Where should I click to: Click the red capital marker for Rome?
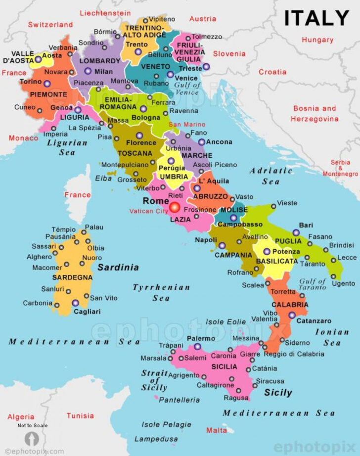175,207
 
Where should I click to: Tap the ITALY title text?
316,18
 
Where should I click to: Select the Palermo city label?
201,338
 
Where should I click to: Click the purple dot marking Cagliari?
75,303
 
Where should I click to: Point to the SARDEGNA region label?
72,277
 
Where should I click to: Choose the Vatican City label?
149,211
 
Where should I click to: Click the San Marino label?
187,124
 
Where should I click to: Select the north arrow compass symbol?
31,439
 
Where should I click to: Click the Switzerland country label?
50,24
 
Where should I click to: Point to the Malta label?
217,430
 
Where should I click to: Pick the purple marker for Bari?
296,232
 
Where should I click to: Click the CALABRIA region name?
290,305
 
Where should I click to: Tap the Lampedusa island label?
156,439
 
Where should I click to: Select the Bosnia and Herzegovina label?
315,113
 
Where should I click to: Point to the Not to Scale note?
33,425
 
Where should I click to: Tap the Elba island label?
103,178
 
